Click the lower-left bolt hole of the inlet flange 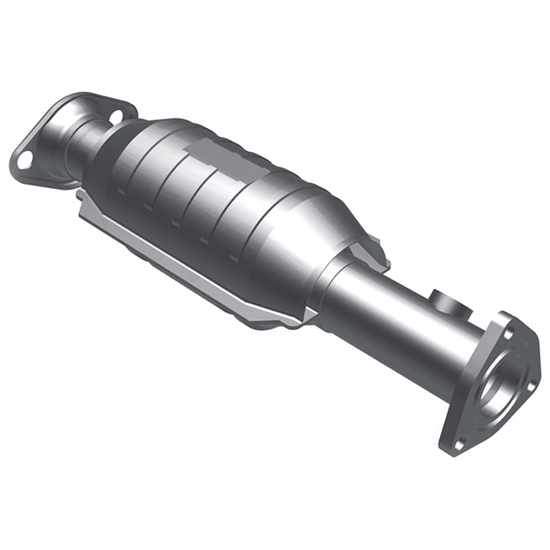tap(23, 156)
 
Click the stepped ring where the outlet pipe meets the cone tap(336, 277)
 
